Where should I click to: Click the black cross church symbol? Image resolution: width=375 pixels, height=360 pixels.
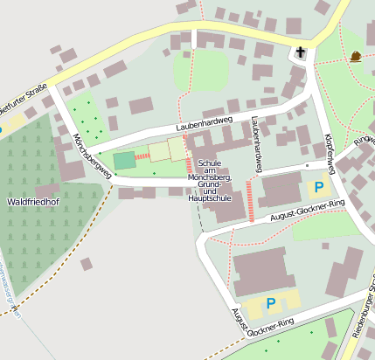tap(300, 52)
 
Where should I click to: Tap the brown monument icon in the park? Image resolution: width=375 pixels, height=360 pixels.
tap(356, 58)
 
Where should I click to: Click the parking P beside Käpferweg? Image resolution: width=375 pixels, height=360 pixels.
tap(319, 186)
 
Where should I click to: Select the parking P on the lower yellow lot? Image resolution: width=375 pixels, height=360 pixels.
tap(271, 303)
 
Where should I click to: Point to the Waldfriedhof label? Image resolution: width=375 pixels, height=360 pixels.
tap(32, 202)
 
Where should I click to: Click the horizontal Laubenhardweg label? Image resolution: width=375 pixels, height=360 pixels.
tap(204, 125)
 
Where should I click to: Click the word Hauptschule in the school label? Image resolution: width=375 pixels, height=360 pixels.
tap(209, 198)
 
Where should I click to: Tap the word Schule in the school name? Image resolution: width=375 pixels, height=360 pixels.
tap(209, 163)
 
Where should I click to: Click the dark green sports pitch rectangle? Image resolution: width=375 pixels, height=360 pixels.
tap(125, 160)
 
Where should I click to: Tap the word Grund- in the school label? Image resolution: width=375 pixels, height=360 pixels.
tap(209, 184)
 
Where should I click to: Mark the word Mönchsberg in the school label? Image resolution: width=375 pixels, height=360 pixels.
tap(209, 177)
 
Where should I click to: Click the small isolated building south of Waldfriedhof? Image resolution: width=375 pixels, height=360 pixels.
tap(87, 264)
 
